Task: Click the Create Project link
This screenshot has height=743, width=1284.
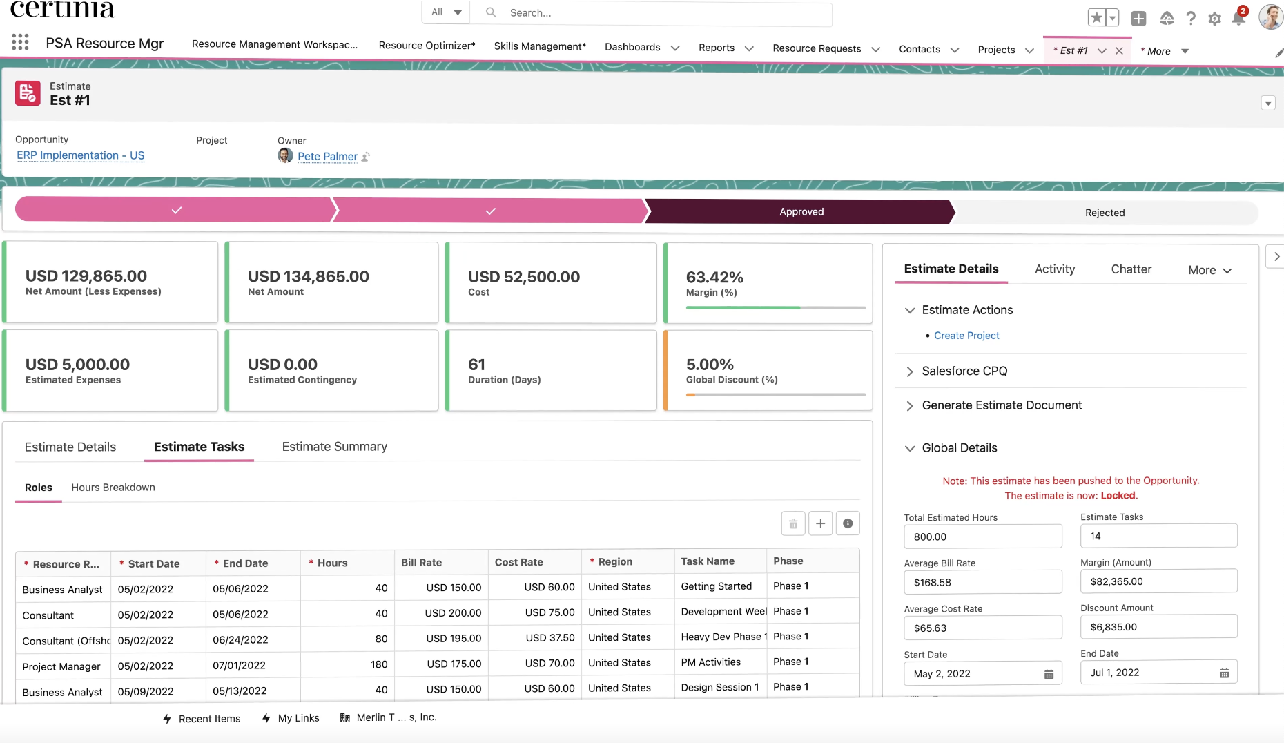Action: click(966, 336)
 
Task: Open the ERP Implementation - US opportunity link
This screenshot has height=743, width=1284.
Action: click(81, 155)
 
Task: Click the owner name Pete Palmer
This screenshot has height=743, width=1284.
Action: click(327, 157)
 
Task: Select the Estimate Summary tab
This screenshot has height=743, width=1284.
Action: click(334, 447)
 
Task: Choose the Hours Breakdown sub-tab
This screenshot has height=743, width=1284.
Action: click(113, 488)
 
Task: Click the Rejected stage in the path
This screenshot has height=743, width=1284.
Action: click(1104, 213)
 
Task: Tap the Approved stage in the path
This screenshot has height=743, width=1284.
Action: click(801, 212)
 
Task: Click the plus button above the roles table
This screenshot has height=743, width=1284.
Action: click(820, 523)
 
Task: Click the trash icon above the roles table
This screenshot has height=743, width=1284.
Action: click(793, 523)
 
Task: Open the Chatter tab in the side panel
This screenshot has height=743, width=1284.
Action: click(1131, 269)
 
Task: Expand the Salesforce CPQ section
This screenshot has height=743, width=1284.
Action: click(964, 371)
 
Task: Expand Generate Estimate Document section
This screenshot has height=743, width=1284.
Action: click(1001, 405)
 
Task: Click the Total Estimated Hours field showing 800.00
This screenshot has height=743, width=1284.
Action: click(982, 537)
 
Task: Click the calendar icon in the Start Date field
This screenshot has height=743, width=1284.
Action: click(1049, 674)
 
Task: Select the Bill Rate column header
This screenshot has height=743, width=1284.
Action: click(421, 562)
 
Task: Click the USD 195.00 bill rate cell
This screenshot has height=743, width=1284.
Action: click(453, 639)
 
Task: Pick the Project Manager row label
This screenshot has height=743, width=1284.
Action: click(61, 666)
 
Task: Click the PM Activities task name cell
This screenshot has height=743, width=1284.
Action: click(710, 662)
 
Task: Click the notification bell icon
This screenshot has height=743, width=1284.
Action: click(1238, 18)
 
